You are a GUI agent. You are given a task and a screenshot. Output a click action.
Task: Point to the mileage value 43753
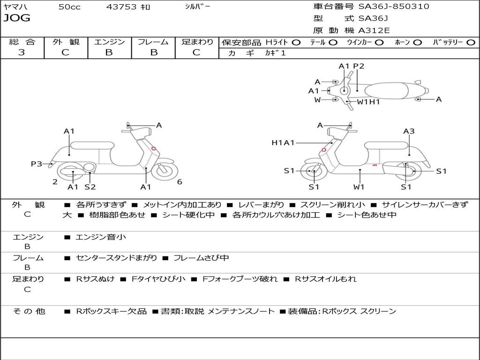point(122,7)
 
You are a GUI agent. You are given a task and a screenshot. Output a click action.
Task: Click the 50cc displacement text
point(69,7)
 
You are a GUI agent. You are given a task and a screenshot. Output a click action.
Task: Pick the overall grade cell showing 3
point(22,52)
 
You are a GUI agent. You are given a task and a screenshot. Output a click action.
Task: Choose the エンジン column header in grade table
point(109,42)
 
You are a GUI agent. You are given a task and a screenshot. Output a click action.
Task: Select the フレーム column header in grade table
point(153,42)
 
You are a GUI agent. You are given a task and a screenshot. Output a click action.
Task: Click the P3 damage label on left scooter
point(37,164)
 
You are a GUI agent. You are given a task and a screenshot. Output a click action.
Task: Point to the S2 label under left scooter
point(90,187)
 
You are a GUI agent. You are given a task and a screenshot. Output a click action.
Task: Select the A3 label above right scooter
point(409,131)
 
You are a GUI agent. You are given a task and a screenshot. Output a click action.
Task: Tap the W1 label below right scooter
point(359,187)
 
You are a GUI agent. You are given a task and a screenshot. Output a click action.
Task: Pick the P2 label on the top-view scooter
point(359,66)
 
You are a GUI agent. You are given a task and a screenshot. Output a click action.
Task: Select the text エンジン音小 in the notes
point(101,237)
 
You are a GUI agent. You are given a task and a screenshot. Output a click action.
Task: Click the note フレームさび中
point(201,258)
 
